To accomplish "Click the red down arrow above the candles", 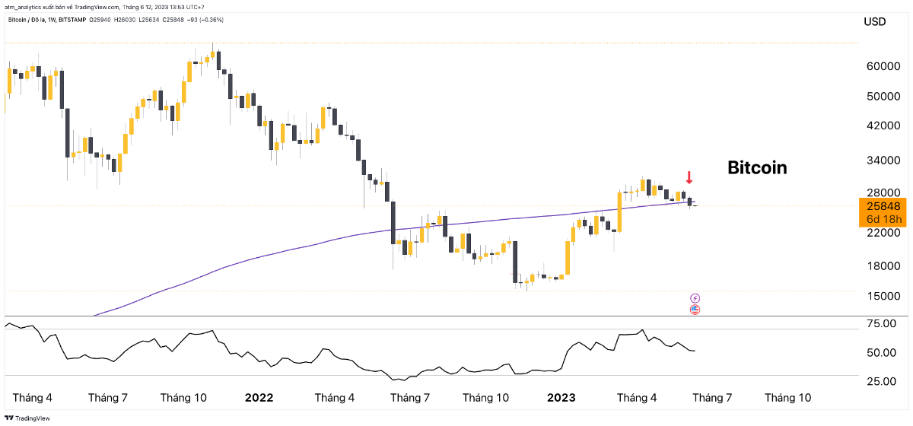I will [x=689, y=179].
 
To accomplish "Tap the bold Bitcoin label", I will [x=757, y=167].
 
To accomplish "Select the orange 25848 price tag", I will [x=883, y=206].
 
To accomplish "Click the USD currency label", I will [x=875, y=22].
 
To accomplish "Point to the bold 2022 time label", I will [x=259, y=397].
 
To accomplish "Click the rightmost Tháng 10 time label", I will [x=787, y=397].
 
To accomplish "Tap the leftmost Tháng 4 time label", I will [x=33, y=397].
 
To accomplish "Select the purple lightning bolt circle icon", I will [x=695, y=297].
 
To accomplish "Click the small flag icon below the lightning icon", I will [x=695, y=310].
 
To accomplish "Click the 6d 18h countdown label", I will [x=883, y=219].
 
